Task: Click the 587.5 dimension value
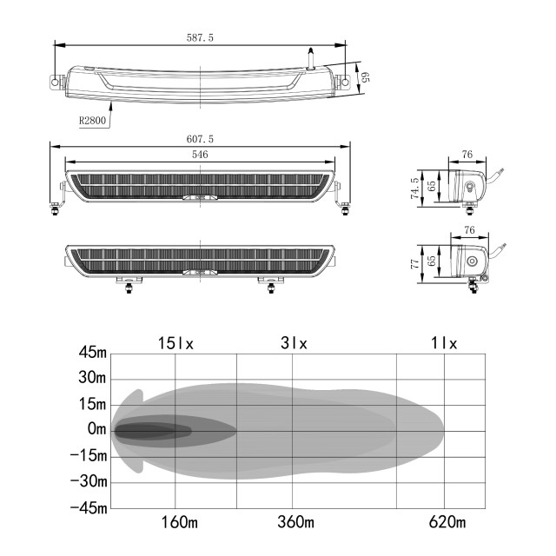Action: click(200, 37)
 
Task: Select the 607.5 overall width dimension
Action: click(200, 138)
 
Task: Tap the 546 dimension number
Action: click(200, 154)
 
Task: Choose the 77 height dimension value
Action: click(414, 261)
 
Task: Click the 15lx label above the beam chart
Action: click(175, 343)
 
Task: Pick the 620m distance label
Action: click(447, 522)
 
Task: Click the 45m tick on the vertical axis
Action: click(93, 353)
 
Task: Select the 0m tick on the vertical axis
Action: click(97, 429)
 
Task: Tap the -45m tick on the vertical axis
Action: click(90, 507)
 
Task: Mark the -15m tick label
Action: click(90, 455)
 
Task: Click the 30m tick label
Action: click(93, 378)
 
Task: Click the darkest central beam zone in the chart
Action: click(152, 430)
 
